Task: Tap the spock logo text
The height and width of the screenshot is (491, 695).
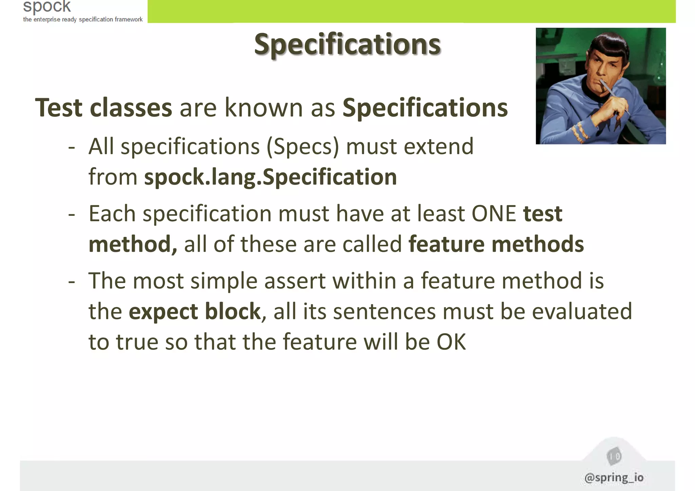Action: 47,6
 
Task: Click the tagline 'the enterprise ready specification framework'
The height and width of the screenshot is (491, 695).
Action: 83,19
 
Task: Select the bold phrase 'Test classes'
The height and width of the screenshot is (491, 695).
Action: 104,108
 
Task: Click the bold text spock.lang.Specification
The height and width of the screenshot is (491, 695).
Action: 270,177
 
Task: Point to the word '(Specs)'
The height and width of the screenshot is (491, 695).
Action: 303,147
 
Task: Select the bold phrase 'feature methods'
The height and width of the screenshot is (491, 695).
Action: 496,244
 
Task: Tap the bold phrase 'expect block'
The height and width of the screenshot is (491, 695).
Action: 194,311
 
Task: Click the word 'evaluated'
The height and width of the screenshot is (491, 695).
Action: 582,311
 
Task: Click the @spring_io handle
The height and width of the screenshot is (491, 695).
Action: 614,477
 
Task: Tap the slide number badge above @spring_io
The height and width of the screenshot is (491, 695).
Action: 614,456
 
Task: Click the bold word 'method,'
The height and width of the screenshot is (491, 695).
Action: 133,244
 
